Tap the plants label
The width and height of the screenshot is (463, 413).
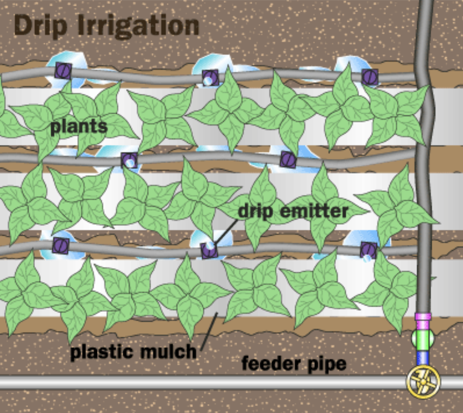click(79, 126)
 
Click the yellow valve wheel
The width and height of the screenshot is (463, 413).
click(423, 382)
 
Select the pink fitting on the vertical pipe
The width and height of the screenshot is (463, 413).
click(423, 316)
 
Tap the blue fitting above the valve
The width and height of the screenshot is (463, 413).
click(423, 359)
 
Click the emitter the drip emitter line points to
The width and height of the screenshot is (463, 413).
click(209, 250)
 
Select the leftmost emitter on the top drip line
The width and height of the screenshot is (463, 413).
click(63, 70)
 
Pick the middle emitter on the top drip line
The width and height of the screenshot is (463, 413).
click(210, 77)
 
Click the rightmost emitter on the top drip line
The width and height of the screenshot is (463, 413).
click(370, 77)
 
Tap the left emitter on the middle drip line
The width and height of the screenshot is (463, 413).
click(129, 160)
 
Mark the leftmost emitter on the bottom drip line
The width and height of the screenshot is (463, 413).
click(60, 244)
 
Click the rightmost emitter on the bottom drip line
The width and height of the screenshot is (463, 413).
click(368, 250)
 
